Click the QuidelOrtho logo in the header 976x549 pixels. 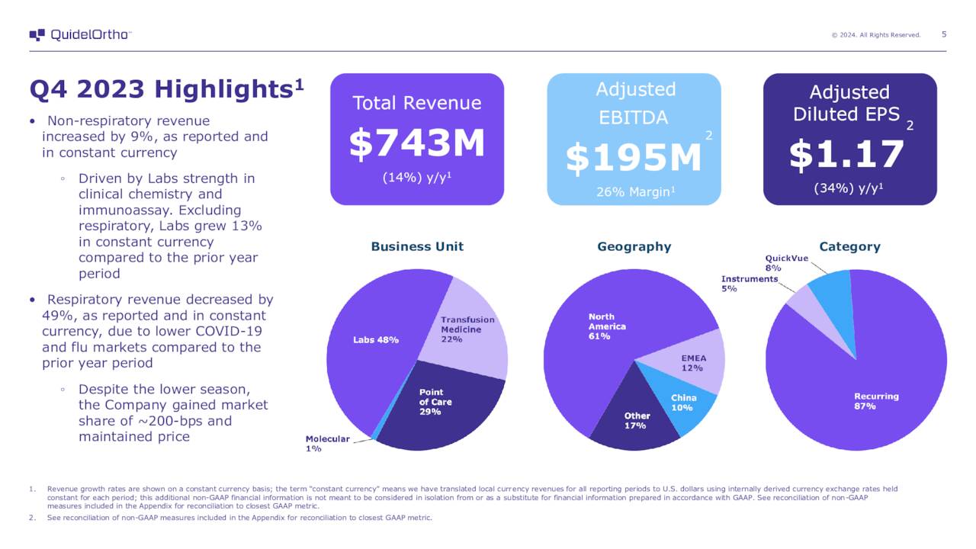[80, 35]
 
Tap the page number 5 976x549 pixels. [944, 34]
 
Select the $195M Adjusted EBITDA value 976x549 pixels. [633, 158]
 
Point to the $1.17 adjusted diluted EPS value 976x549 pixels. [846, 155]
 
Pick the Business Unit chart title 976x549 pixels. [417, 246]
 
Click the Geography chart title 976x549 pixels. [634, 246]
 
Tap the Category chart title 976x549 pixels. [849, 246]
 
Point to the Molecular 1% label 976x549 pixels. [327, 443]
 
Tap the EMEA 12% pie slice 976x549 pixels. [690, 361]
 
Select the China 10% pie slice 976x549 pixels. [682, 403]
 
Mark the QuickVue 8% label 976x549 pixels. [786, 263]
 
